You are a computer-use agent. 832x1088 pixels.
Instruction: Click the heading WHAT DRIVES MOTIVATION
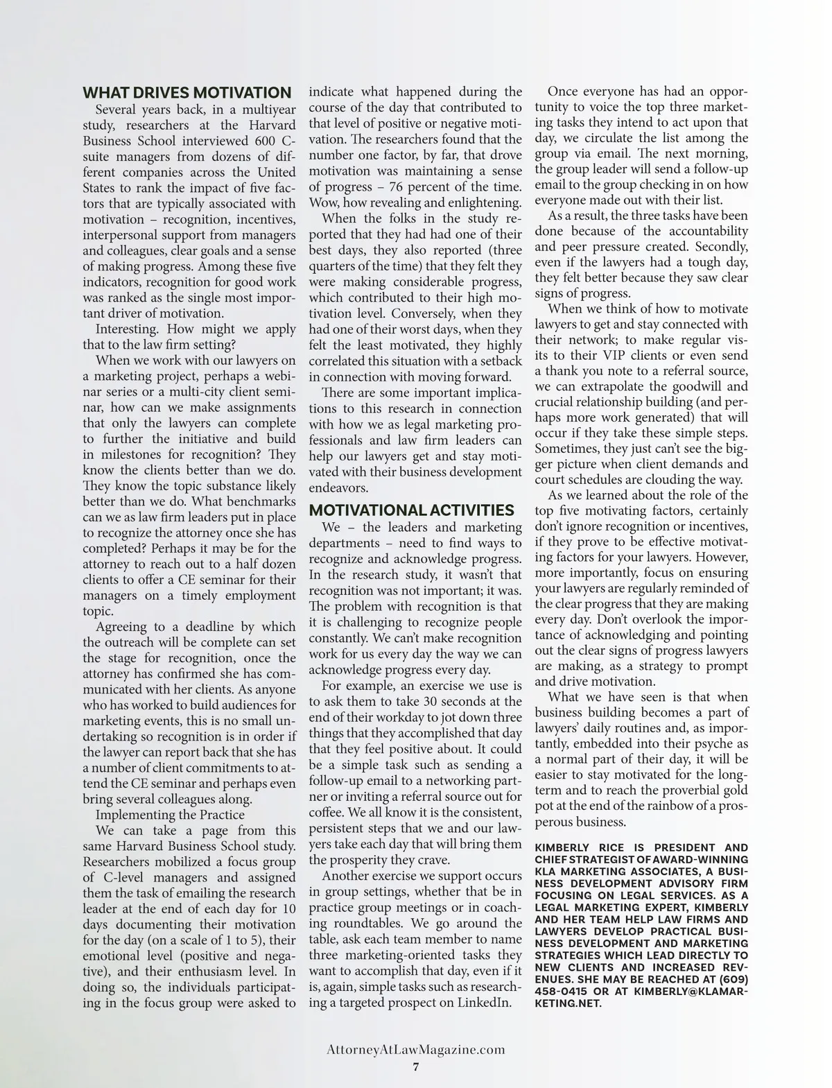[187, 93]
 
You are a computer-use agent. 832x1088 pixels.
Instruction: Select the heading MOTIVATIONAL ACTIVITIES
[411, 510]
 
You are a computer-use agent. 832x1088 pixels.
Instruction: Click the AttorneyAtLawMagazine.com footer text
[415, 1049]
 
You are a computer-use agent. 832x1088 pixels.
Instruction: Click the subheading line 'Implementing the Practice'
[170, 815]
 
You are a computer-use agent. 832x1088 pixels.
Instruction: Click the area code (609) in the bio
[731, 978]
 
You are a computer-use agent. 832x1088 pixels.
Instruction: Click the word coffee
[327, 812]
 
